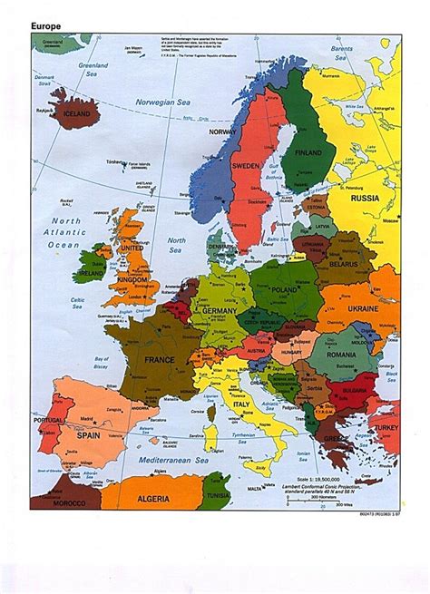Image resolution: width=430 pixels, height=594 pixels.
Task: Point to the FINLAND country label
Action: coord(308,152)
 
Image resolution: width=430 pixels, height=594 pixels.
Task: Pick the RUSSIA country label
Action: coord(366,198)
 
